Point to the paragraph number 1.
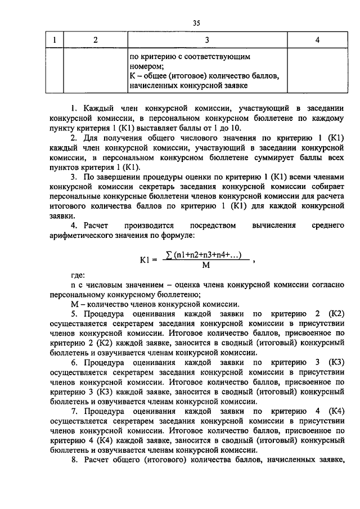72,107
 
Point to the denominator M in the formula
205,266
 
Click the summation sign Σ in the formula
168,255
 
